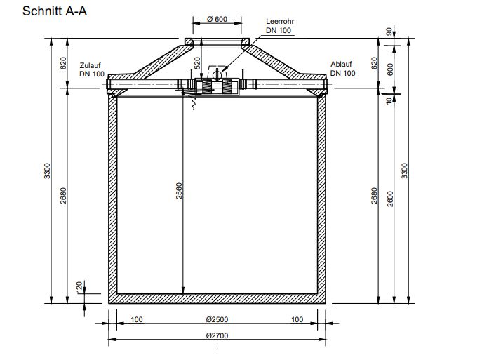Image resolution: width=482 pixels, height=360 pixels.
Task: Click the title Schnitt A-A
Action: pyautogui.click(x=55, y=12)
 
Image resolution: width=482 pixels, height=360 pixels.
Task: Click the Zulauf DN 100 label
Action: pyautogui.click(x=92, y=69)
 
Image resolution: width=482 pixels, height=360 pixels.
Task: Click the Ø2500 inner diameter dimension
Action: pyautogui.click(x=217, y=319)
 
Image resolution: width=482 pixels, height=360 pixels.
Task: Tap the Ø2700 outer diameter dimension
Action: pyautogui.click(x=217, y=336)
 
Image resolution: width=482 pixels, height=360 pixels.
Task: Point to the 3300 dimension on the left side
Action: pyautogui.click(x=47, y=171)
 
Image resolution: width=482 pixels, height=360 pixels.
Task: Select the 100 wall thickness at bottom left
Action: pyautogui.click(x=137, y=319)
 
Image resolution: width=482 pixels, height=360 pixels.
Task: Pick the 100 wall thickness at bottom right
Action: pyautogui.click(x=297, y=319)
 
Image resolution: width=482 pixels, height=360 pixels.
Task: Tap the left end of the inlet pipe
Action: pyautogui.click(x=108, y=86)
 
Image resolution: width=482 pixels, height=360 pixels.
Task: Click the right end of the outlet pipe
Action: pyautogui.click(x=327, y=86)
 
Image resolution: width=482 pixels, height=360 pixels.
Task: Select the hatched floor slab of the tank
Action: pyautogui.click(x=217, y=300)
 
